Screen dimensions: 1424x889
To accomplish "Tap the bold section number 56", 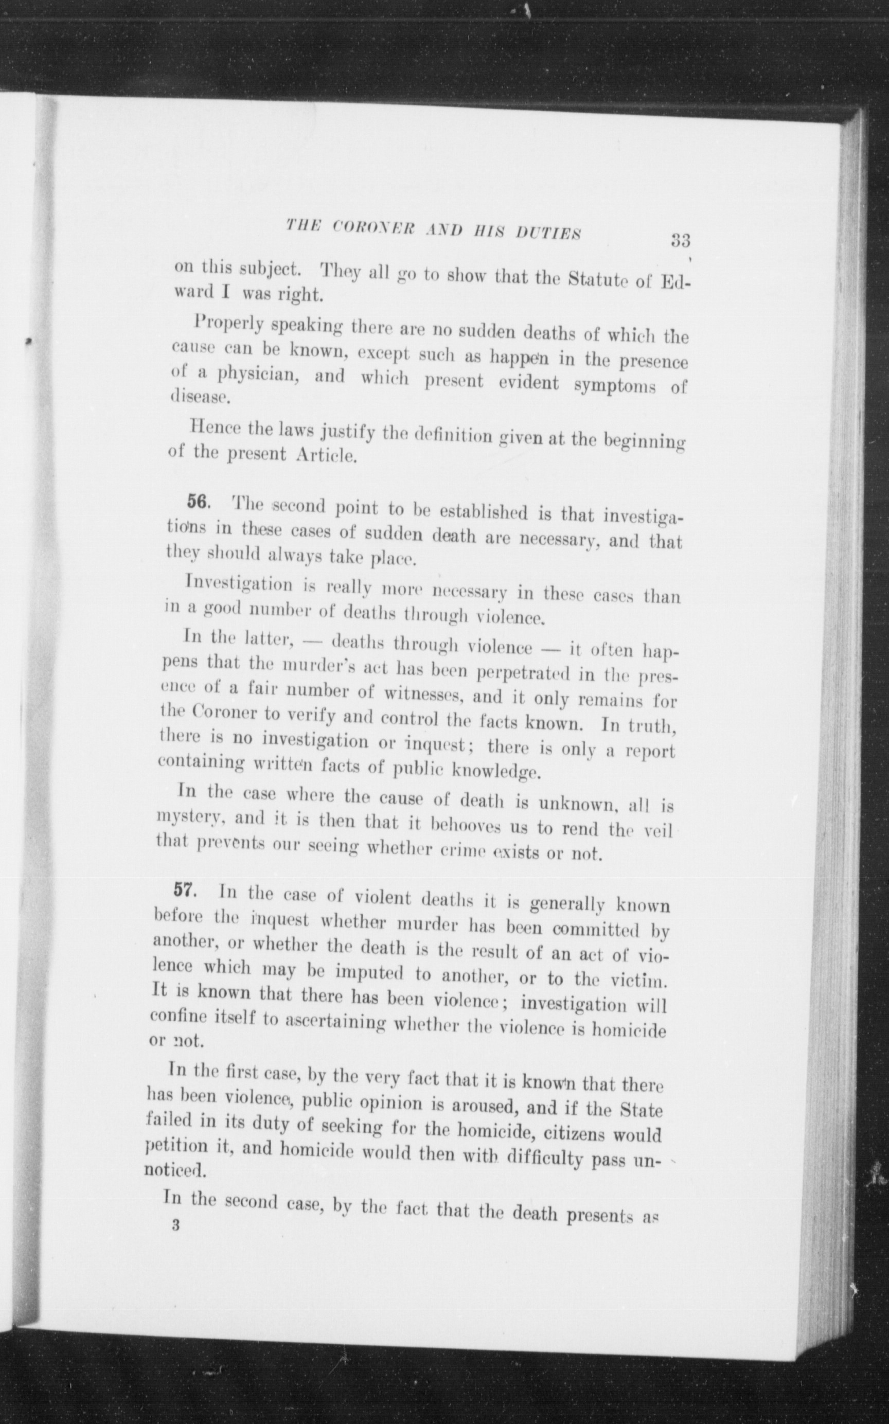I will coord(198,501).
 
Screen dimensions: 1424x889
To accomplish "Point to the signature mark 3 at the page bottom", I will coord(174,1226).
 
